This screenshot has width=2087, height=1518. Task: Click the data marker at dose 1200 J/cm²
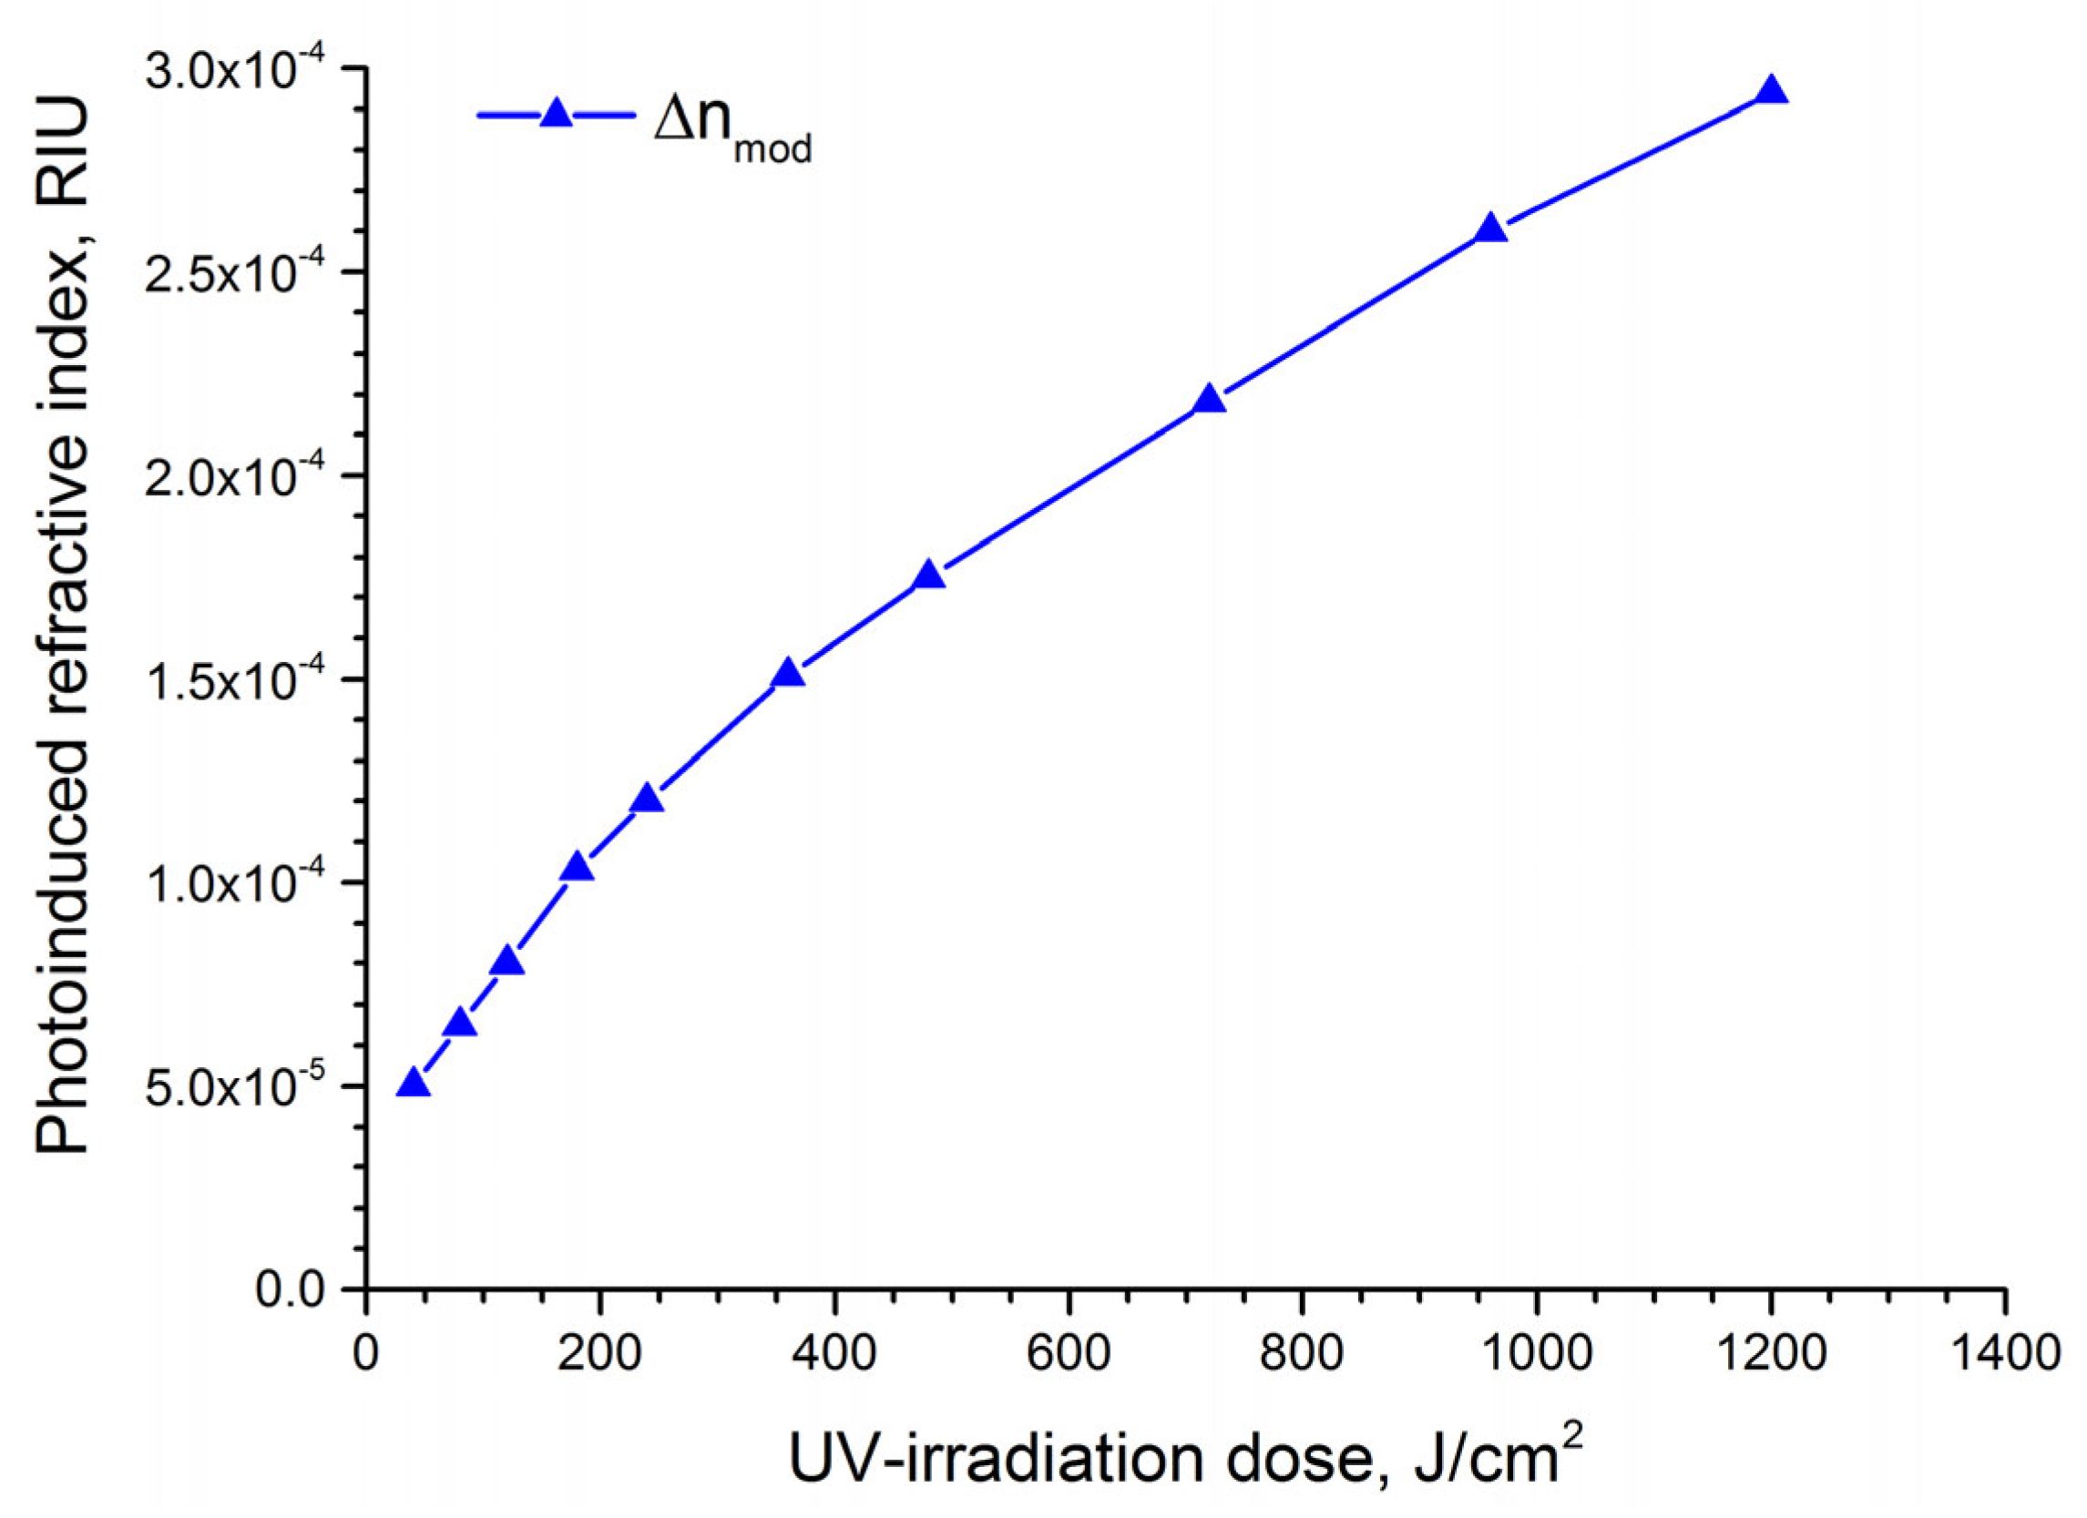click(1771, 92)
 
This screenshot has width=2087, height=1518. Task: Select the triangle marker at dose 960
click(1490, 229)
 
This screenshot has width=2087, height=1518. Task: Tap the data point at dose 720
click(1209, 400)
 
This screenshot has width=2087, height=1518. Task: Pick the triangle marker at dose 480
click(928, 576)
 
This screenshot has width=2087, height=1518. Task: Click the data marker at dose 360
click(788, 675)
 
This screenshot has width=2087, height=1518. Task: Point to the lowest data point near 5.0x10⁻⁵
click(414, 1084)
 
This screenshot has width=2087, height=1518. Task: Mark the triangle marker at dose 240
click(647, 799)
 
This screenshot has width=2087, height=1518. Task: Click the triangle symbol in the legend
click(556, 114)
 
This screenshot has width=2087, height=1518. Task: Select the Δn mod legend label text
click(732, 128)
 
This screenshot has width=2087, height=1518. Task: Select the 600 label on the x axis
click(1068, 1355)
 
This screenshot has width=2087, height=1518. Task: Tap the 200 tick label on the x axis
click(600, 1355)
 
